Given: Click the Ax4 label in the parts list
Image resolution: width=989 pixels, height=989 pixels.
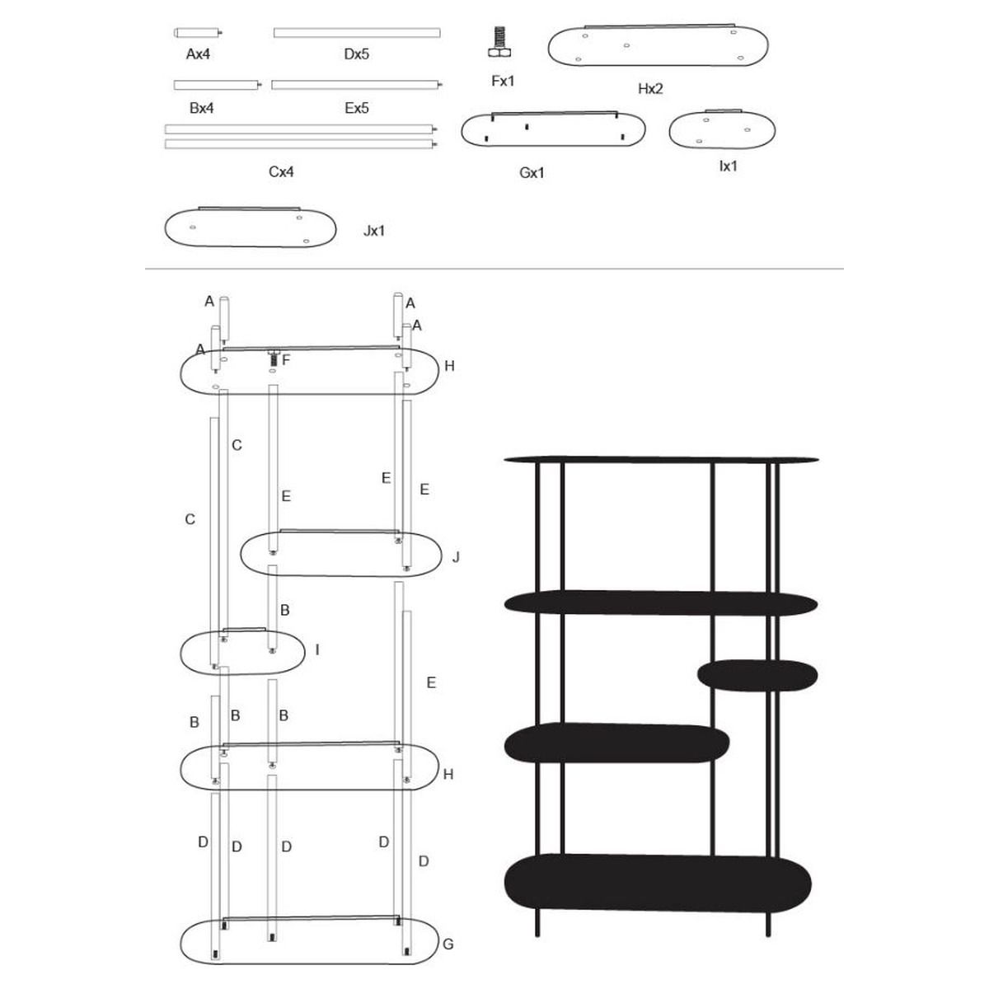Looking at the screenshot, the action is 198,54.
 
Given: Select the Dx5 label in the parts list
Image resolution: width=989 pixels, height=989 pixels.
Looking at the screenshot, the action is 356,54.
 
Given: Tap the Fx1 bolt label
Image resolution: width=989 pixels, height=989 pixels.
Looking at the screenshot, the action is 503,81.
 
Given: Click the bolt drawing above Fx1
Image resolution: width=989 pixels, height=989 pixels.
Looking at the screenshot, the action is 499,41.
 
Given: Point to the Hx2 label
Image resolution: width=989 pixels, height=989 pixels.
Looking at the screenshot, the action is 650,89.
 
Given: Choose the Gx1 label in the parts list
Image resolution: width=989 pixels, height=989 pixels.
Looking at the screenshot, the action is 532,172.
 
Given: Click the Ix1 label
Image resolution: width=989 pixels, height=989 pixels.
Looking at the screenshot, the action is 728,166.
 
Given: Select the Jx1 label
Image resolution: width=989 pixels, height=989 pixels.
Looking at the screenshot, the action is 373,231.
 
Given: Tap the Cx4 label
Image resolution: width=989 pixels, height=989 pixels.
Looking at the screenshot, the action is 281,171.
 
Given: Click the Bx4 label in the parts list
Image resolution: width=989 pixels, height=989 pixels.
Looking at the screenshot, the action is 201,108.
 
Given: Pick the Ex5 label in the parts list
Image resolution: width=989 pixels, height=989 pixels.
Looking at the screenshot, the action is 356,108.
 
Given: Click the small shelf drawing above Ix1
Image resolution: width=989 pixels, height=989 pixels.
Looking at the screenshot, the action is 722,129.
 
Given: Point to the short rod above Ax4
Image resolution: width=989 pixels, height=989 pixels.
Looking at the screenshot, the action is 198,33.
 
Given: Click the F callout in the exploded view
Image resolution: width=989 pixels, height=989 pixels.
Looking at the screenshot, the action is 286,360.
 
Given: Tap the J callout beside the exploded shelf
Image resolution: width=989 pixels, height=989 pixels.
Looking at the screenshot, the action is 456,557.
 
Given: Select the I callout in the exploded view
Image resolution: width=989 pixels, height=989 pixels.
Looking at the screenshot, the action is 317,650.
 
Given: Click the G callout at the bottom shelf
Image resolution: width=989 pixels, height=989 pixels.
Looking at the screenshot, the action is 448,944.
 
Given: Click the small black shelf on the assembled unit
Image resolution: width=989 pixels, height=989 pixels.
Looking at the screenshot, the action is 757,676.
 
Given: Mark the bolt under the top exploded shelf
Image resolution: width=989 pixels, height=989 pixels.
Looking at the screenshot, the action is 273,358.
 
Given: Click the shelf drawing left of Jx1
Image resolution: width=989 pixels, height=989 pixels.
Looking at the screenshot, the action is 250,227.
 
